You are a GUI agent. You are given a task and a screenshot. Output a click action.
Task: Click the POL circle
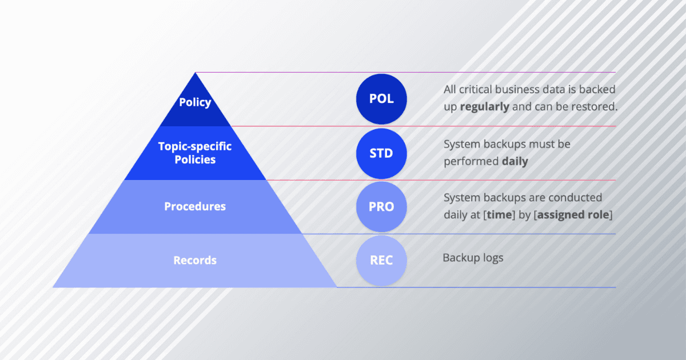click(381, 99)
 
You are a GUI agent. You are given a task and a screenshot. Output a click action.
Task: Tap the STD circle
click(381, 153)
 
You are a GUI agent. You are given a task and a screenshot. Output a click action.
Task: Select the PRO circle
click(381, 207)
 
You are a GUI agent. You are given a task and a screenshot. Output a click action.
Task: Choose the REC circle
click(381, 261)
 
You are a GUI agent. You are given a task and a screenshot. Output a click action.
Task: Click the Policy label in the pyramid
click(195, 103)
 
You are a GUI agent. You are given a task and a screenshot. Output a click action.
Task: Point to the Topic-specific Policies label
click(195, 153)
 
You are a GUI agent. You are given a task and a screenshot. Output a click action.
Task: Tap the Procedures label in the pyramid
click(195, 206)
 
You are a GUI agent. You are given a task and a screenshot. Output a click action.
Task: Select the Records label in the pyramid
click(195, 261)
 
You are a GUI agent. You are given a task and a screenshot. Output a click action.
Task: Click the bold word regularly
click(484, 107)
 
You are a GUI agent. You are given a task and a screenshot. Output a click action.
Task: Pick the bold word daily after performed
click(514, 162)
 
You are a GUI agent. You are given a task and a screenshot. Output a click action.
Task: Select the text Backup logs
click(473, 258)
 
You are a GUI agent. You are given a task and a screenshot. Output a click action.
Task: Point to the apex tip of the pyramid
click(196, 74)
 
